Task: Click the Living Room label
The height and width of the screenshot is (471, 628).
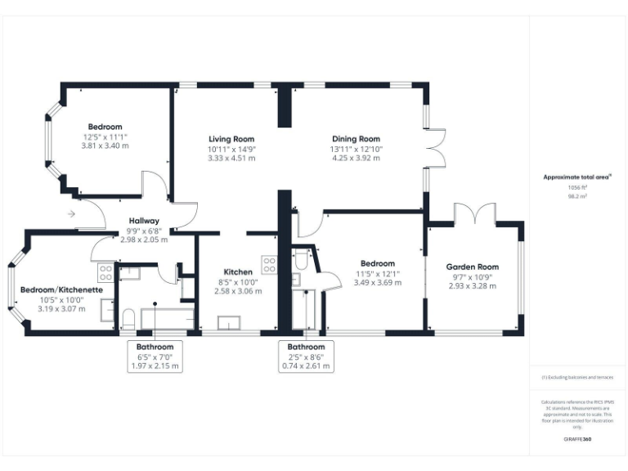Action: click(231, 139)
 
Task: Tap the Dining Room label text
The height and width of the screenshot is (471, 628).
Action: click(356, 139)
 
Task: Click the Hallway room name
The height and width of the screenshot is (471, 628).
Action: click(144, 221)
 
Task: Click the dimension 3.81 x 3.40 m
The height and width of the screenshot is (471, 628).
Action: click(105, 146)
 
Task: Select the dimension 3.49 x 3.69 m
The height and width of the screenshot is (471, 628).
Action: click(378, 282)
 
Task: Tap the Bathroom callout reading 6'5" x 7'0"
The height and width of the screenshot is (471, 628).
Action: click(155, 357)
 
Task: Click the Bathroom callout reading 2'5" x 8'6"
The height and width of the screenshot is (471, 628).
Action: click(307, 357)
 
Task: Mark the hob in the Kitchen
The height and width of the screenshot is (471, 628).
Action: click(269, 263)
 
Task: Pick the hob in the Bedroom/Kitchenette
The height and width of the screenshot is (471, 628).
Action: click(105, 272)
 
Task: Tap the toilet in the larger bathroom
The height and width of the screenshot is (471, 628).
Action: click(128, 316)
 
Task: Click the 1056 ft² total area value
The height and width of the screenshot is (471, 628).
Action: click(578, 187)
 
